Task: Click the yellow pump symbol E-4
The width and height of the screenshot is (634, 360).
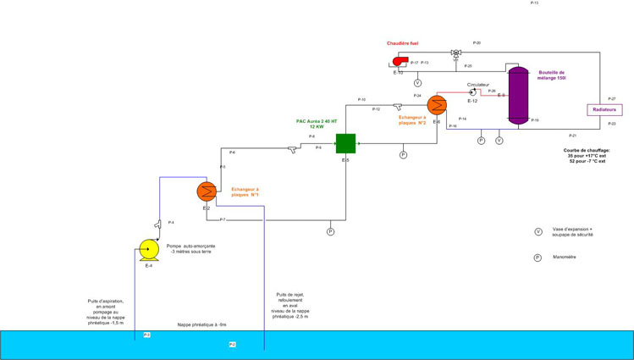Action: click(148, 248)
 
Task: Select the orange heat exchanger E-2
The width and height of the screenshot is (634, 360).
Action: click(206, 190)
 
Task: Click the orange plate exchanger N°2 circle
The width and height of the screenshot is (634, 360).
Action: click(437, 105)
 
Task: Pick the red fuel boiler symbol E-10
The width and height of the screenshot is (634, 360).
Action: click(399, 61)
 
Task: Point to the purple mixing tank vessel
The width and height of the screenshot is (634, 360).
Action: click(518, 94)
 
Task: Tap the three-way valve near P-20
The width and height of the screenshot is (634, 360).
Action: click(455, 53)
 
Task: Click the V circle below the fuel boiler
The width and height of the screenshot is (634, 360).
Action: click(417, 83)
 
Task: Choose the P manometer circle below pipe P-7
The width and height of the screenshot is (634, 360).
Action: click(331, 230)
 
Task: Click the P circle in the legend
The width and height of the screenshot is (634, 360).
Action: click(537, 257)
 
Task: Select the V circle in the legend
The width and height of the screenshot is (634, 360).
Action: click(538, 231)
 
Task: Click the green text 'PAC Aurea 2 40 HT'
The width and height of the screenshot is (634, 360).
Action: click(317, 121)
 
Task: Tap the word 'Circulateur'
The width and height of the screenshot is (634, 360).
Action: click(478, 85)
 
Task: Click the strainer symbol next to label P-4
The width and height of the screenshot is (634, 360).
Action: click(158, 224)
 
